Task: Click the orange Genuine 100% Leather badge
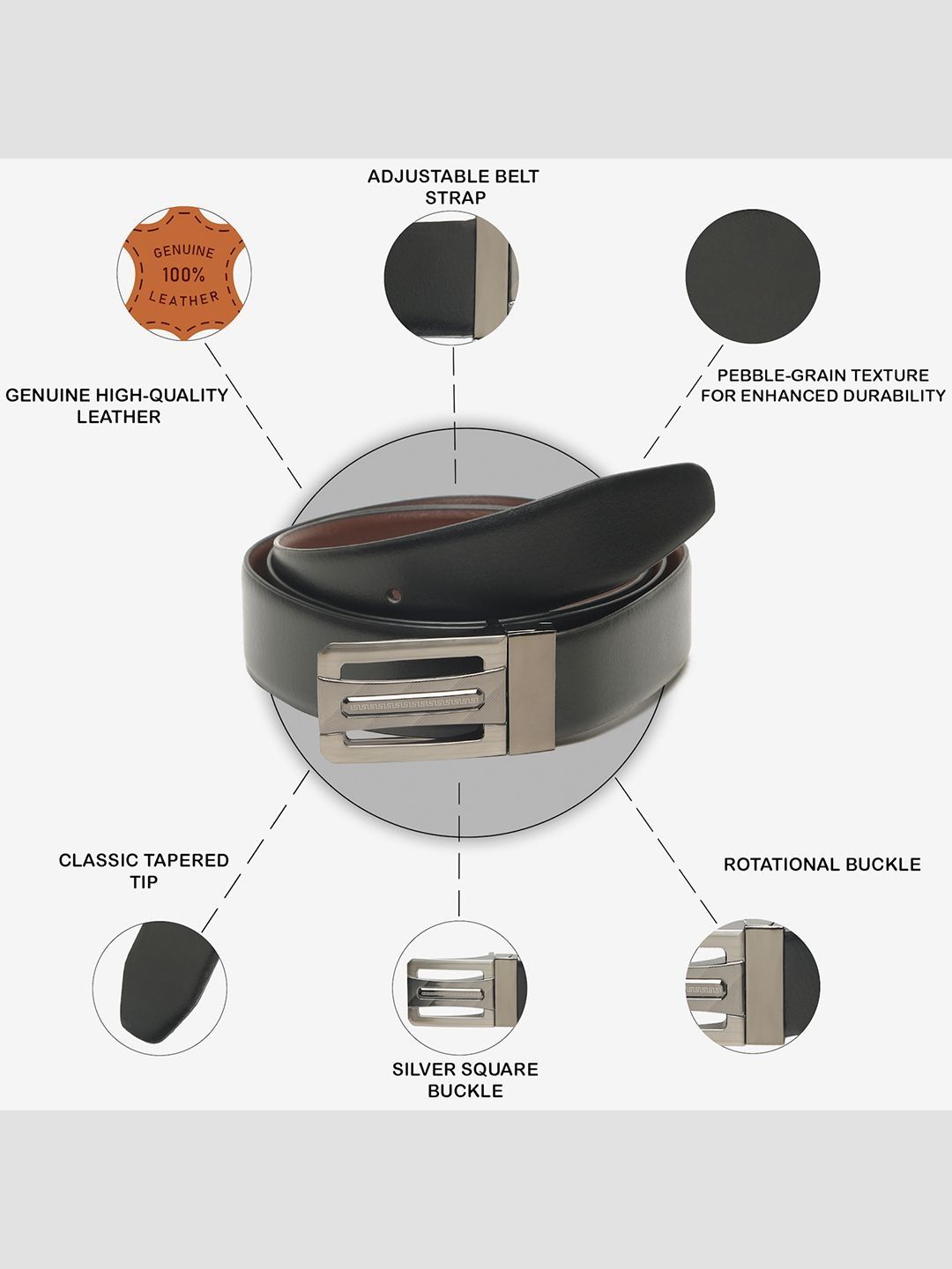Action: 184,273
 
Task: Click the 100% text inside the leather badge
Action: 183,275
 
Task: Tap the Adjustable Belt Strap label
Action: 454,187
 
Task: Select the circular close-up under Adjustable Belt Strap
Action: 451,278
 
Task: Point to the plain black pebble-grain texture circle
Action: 753,277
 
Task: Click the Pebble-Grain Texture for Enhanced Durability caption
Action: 823,386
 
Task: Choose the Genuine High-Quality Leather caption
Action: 117,406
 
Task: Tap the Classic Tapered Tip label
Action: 144,872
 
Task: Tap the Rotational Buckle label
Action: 822,865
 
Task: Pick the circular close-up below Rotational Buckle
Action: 753,986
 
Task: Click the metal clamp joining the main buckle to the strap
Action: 532,692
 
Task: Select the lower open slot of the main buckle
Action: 413,737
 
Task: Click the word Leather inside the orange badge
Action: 184,300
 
